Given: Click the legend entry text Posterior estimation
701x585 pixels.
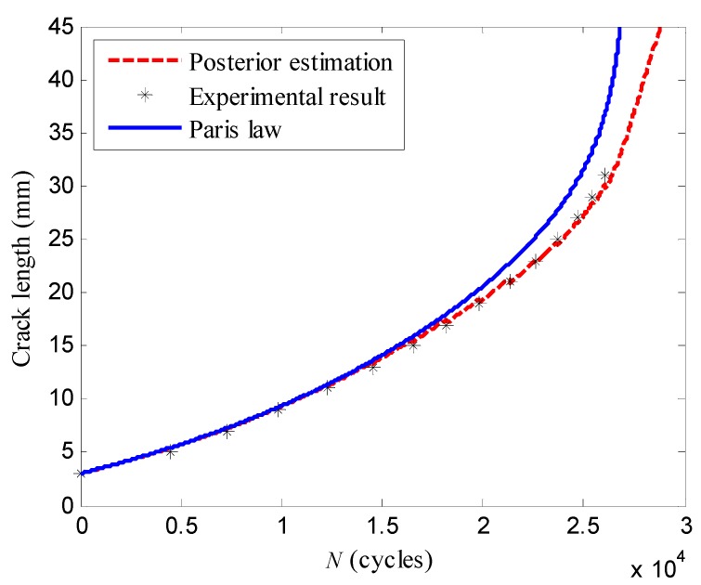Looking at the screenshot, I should pyautogui.click(x=290, y=63).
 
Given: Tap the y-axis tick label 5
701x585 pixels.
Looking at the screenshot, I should pyautogui.click(x=65, y=452).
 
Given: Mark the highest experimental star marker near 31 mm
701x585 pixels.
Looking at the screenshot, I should pyautogui.click(x=604, y=175).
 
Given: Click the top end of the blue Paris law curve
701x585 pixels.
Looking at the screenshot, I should pyautogui.click(x=618, y=30).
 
